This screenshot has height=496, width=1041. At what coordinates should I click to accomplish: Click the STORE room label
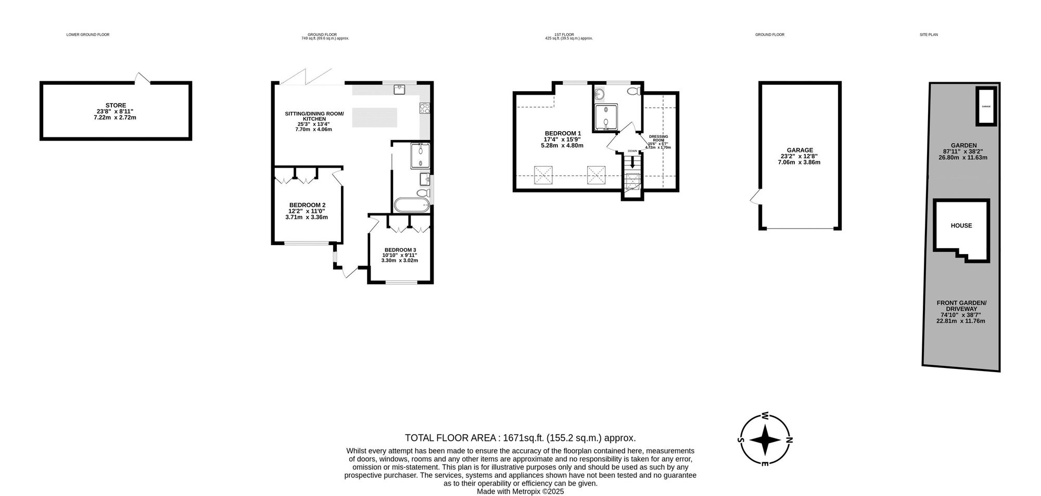(116, 106)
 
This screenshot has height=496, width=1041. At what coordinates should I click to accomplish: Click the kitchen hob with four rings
(425, 109)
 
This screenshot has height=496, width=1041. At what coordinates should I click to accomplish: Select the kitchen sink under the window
(400, 89)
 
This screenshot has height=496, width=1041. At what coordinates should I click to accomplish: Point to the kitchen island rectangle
(375, 117)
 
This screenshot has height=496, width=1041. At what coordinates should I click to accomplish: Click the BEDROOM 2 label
(307, 205)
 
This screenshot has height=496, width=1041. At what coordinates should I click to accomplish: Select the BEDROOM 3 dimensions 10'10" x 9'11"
(399, 255)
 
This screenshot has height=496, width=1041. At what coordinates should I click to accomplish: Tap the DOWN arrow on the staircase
(632, 162)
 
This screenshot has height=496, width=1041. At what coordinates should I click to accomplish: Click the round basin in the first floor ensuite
(599, 94)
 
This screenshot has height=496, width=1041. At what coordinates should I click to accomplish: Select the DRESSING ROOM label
(658, 138)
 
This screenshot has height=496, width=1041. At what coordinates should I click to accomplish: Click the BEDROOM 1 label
(562, 134)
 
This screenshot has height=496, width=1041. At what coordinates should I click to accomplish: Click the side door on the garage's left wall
(754, 197)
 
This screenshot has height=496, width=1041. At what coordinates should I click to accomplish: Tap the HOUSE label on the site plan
(961, 226)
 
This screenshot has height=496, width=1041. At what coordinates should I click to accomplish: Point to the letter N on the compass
(789, 440)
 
